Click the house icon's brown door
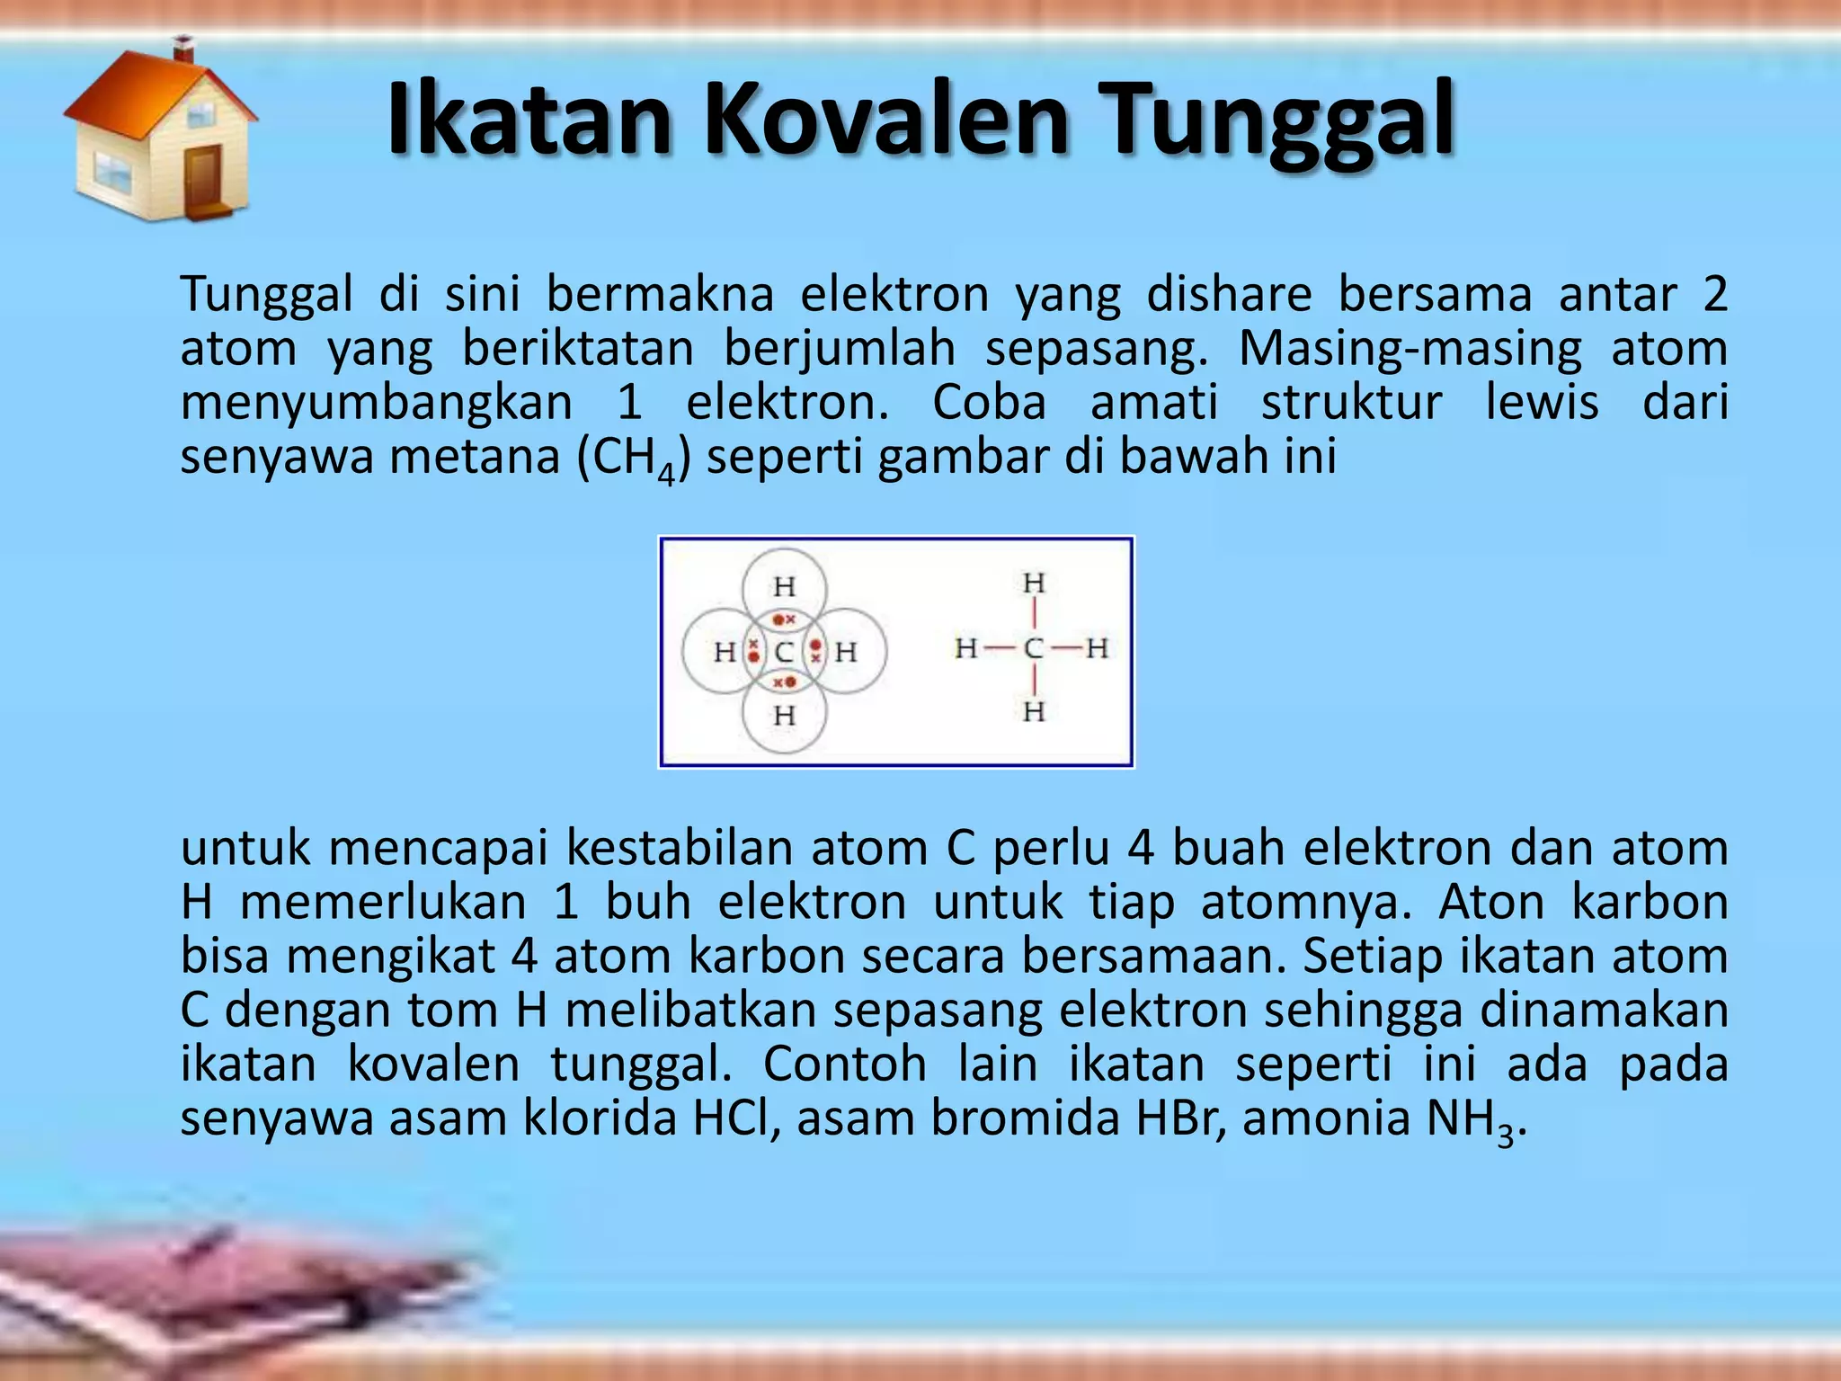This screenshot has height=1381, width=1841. [202, 179]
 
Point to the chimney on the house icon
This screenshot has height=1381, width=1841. [184, 49]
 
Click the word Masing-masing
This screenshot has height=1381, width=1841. [1410, 348]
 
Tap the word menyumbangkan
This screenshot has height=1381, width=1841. [376, 403]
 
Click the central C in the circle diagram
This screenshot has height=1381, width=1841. [784, 652]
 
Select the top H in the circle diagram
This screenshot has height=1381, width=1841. [784, 587]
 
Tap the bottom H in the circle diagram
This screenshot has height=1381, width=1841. [784, 717]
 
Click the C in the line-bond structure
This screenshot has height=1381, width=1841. [1034, 648]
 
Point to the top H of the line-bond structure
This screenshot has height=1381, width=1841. [1034, 584]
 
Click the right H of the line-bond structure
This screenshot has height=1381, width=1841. [1097, 648]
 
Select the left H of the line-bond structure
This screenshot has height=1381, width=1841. [966, 648]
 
